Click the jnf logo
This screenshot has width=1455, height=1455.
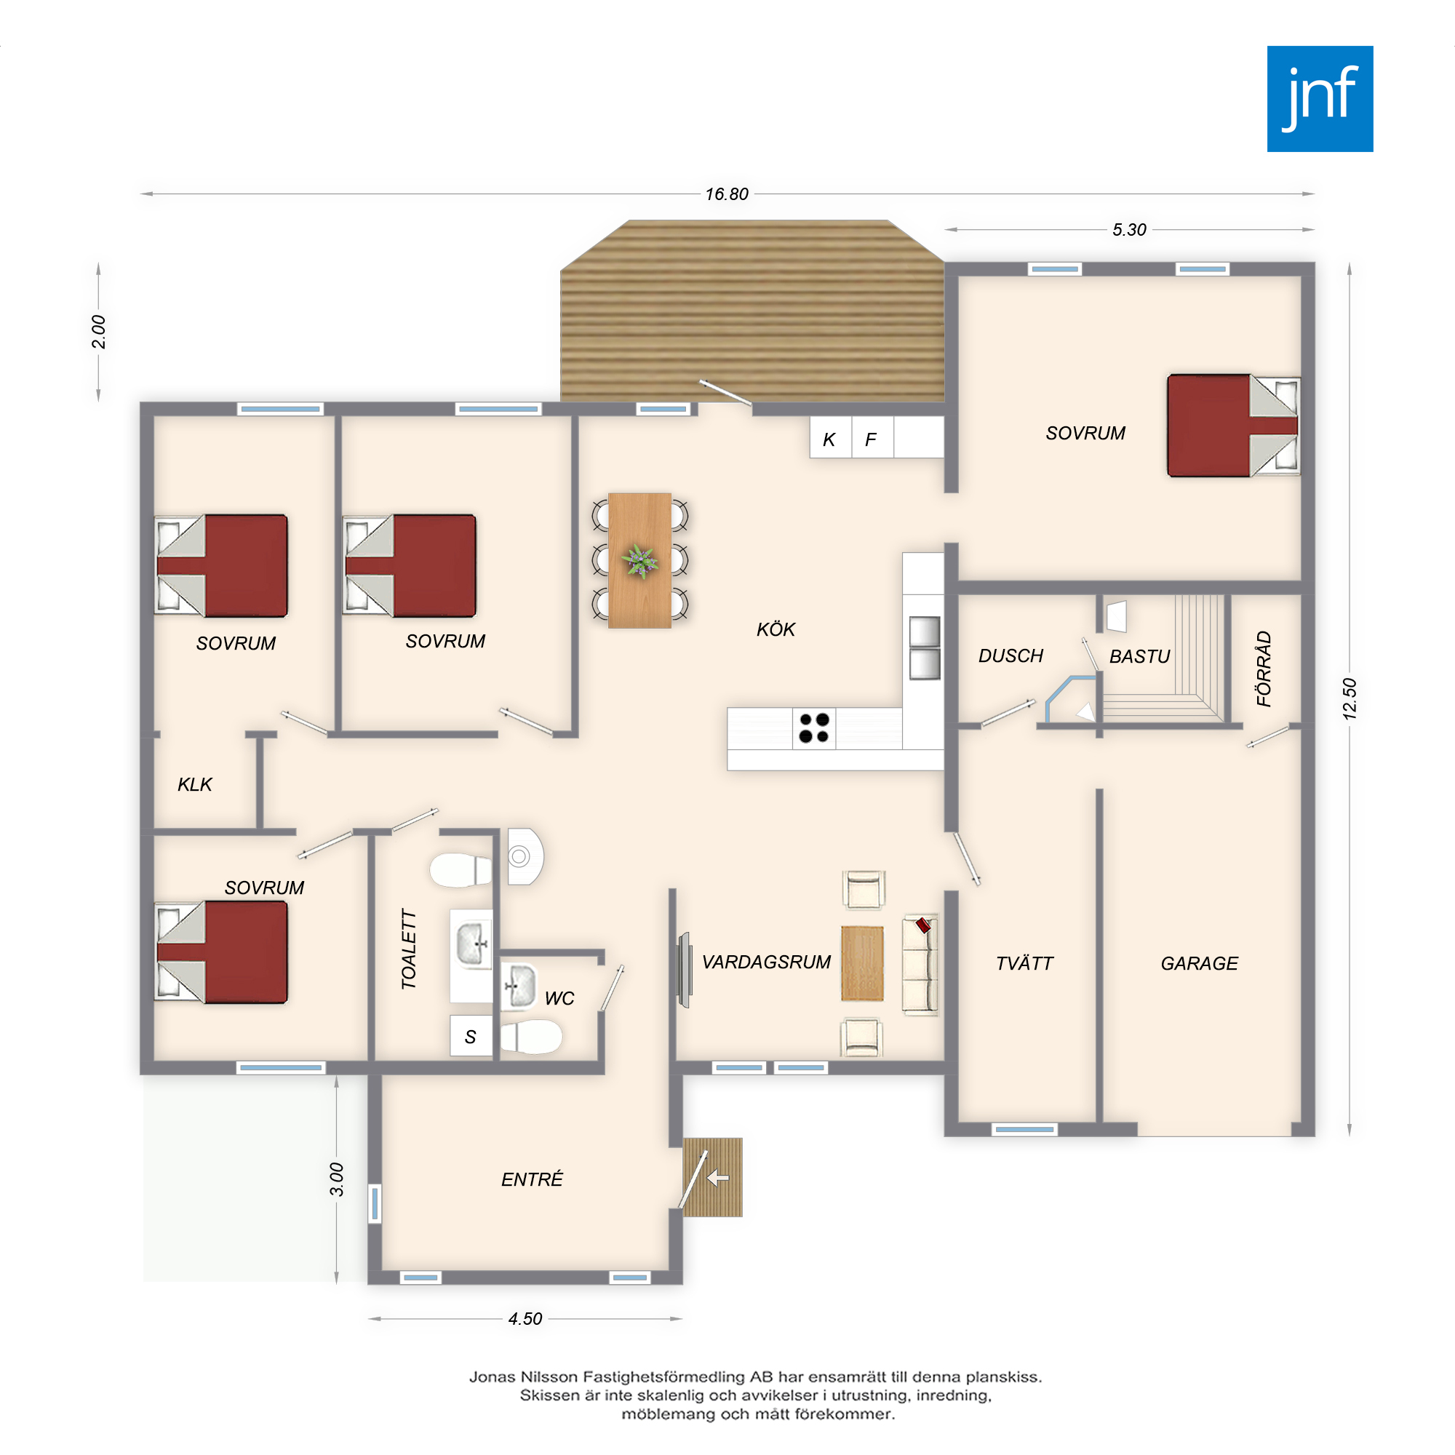1320,99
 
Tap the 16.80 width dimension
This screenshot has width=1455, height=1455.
726,194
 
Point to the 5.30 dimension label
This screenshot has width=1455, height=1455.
1129,230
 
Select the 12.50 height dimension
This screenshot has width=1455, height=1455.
1349,698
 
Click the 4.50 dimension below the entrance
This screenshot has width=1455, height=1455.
525,1319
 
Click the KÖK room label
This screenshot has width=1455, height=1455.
776,629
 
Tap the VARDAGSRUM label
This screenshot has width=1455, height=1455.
766,962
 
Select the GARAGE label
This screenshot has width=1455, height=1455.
1199,963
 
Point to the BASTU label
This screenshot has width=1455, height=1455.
1139,657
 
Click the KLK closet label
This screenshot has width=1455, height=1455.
195,785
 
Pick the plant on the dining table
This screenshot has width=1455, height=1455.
639,560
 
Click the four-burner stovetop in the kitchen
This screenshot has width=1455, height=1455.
813,728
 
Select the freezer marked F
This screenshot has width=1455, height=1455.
872,437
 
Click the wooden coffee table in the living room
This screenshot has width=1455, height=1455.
862,963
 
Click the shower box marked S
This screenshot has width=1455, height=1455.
471,1035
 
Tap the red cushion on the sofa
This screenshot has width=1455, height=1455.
923,925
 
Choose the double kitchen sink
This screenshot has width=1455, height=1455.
924,648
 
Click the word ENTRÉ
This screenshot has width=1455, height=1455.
532,1179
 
